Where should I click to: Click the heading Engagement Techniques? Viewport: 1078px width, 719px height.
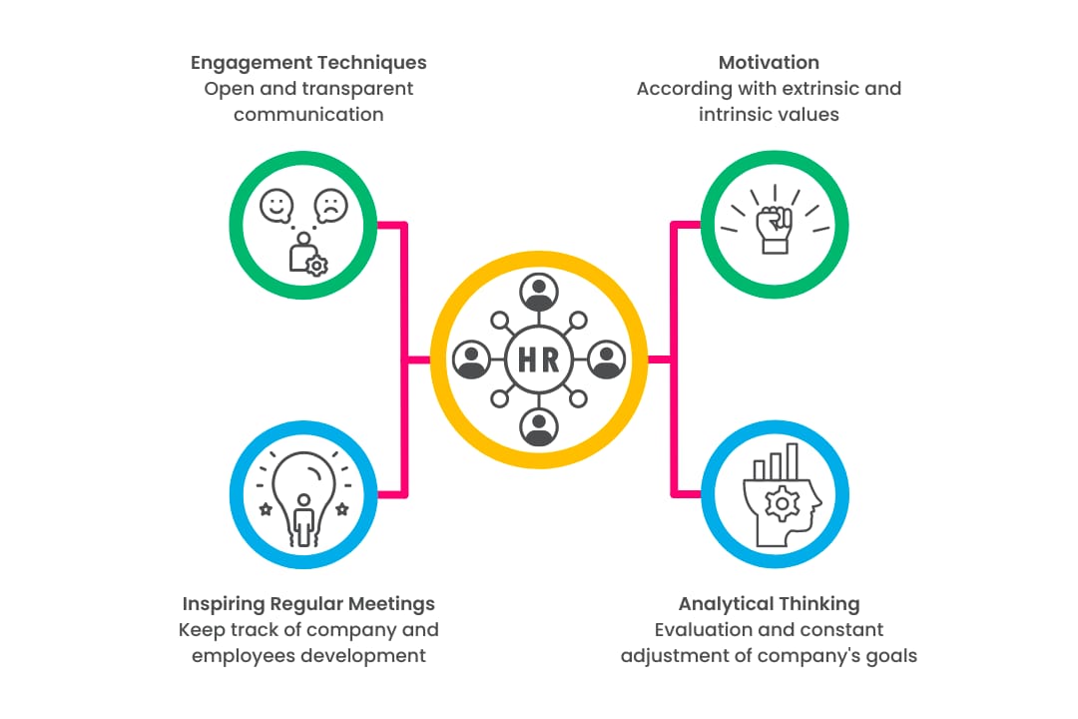(308, 63)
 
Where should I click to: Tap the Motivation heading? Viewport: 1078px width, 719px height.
(769, 63)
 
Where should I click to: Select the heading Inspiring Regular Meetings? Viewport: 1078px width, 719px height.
(308, 604)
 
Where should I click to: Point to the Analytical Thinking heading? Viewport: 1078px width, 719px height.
(769, 604)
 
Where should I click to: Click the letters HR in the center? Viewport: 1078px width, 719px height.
(539, 360)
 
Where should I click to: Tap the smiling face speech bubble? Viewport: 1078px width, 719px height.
(275, 206)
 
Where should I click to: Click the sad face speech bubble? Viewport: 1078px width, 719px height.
(330, 206)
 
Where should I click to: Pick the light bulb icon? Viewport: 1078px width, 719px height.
(304, 490)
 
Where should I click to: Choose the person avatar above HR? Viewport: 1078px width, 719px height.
(539, 292)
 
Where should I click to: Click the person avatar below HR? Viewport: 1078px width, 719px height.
(539, 427)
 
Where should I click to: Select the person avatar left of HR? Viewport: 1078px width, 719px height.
(471, 359)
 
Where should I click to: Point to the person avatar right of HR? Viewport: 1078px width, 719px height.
(607, 359)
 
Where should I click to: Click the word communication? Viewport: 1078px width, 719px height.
(308, 115)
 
